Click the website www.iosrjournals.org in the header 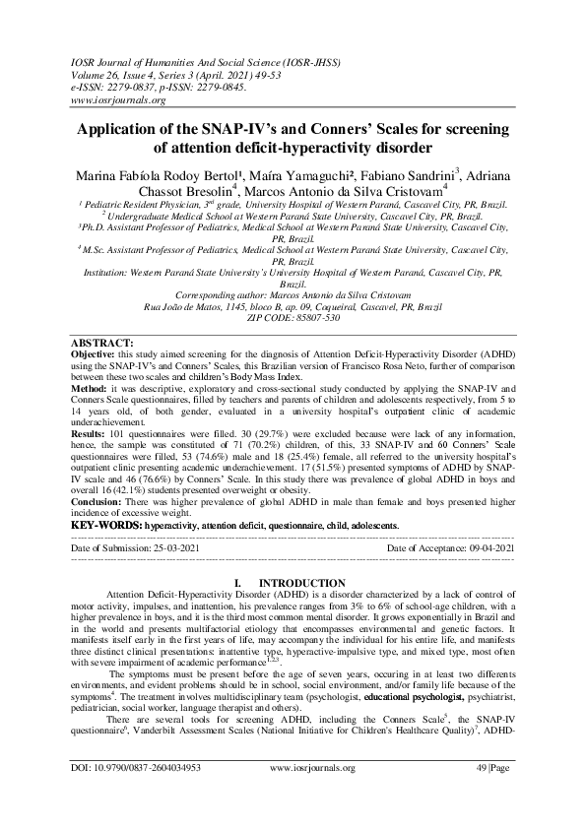[x=117, y=100]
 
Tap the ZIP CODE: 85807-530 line [x=293, y=318]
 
